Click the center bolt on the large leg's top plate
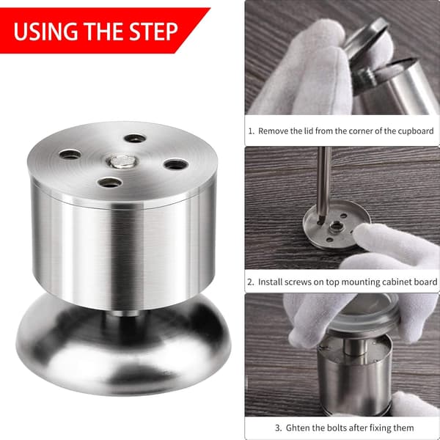point(122,161)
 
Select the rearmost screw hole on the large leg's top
point(135,138)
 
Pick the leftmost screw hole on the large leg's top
point(70,154)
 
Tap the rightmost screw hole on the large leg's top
point(176,164)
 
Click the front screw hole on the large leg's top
point(110,183)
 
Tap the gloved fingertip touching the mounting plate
point(361,232)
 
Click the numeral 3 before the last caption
point(277,428)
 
